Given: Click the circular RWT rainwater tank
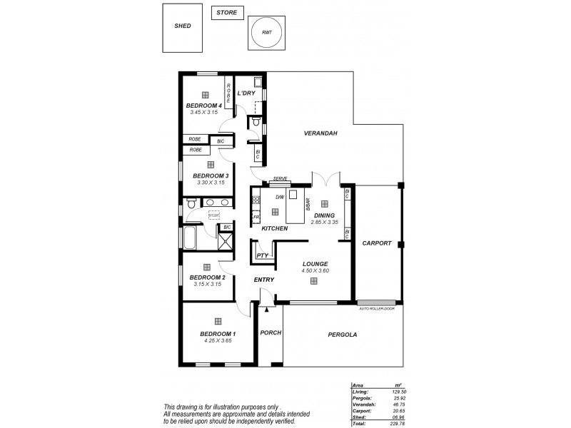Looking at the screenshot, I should tap(266, 32).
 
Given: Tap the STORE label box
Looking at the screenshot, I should tap(228, 13).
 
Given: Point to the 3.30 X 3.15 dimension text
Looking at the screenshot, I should tap(211, 182).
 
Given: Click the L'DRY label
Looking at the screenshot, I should tap(246, 93).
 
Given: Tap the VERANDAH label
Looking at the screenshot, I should tap(320, 133).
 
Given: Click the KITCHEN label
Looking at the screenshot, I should tap(274, 228).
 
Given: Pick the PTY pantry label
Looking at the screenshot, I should tap(261, 254).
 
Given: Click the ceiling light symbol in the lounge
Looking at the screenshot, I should tap(314, 281).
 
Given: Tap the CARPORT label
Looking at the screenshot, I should tap(377, 243).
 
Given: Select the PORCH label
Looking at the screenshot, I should tap(271, 333).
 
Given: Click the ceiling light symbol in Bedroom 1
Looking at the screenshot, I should tap(218, 321).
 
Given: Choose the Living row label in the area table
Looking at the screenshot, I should tap(360, 392).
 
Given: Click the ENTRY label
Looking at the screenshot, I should tap(263, 280).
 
